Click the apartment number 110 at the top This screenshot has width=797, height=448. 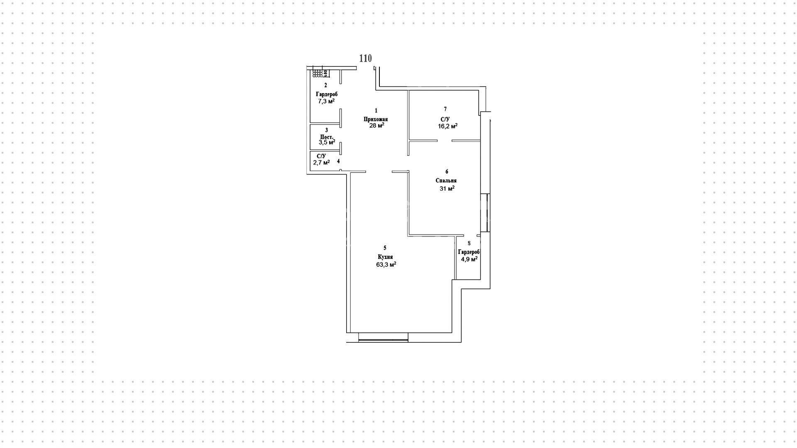365,58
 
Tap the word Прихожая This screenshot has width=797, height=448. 376,119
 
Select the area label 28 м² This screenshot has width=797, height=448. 376,125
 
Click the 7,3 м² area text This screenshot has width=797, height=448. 326,101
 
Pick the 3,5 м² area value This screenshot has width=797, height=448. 327,142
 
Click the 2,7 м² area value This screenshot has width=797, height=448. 321,162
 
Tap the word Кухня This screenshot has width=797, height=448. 385,257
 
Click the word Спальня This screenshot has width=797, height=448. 446,181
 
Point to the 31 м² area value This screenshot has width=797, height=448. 447,188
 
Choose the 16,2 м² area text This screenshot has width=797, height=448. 447,126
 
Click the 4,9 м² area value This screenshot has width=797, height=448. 469,258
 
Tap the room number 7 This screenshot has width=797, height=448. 445,109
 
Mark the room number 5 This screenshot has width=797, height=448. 385,248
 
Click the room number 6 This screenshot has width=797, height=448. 447,172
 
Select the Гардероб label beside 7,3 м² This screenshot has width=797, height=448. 327,94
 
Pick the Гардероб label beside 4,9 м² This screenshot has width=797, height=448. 469,252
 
